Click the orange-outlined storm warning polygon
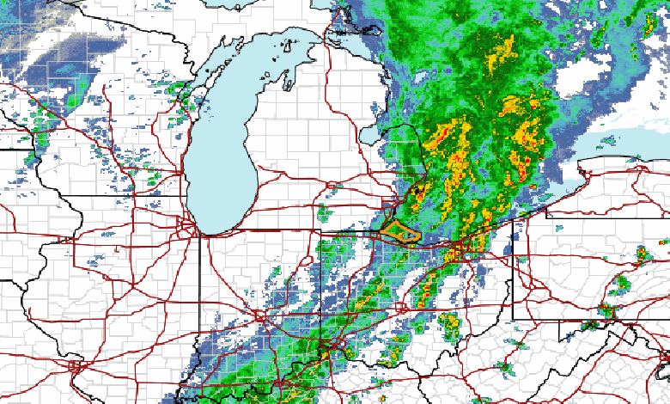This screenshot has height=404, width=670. click(400, 231)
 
